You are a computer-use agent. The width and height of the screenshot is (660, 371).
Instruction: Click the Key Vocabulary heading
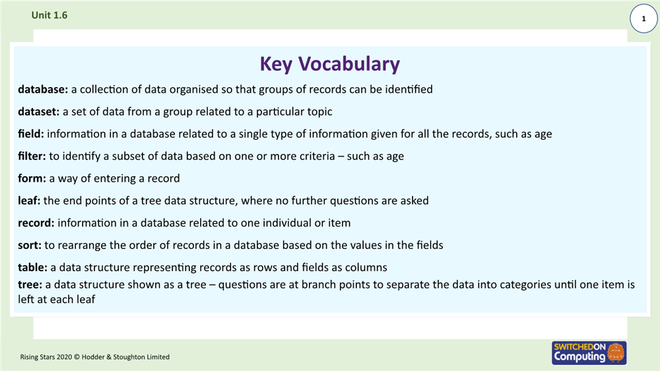tap(329, 64)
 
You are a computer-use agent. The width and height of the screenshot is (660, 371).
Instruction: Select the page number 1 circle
tap(643, 20)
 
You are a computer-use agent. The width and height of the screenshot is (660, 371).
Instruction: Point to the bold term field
tap(30, 134)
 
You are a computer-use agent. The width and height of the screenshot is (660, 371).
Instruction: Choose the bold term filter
tap(31, 156)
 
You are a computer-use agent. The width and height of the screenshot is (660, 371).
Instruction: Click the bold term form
tap(31, 178)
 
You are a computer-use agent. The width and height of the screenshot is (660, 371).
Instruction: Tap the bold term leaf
tap(29, 201)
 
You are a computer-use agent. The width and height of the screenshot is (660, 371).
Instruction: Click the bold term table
tap(32, 267)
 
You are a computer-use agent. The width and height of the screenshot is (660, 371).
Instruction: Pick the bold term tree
tap(29, 285)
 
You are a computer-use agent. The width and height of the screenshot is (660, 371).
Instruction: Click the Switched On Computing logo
tap(588, 352)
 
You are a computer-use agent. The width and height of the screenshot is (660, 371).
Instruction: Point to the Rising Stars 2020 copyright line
tap(94, 357)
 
